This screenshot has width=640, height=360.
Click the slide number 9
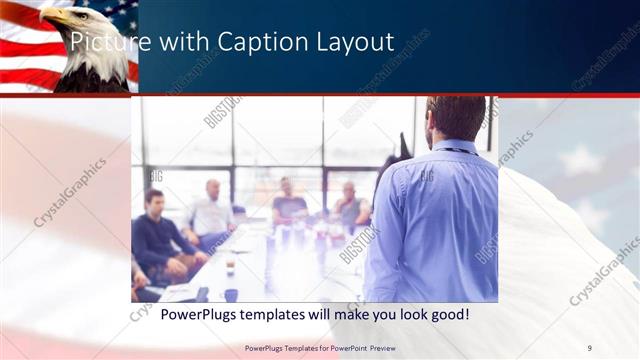pyautogui.click(x=589, y=347)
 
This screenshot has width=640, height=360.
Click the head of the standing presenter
pyautogui.click(x=456, y=115)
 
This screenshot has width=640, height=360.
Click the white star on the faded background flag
pyautogui.click(x=580, y=160)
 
